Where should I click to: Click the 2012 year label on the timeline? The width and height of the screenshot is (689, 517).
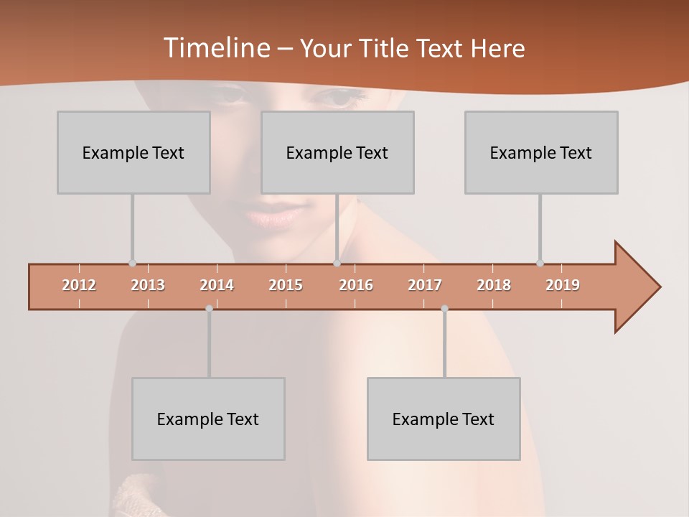point(79,285)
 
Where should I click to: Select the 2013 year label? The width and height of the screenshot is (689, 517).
point(148,285)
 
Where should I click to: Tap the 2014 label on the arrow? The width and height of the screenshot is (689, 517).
point(217,285)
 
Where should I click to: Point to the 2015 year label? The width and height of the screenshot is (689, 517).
point(286,285)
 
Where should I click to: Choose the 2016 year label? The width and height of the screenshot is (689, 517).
point(356,285)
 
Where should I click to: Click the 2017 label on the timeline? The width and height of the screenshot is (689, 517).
point(425,285)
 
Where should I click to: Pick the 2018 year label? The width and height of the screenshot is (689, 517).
point(494,285)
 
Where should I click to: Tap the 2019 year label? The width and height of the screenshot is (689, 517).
point(563,285)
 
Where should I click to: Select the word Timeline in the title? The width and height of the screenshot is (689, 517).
point(215,48)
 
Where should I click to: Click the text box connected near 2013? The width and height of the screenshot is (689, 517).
point(133,152)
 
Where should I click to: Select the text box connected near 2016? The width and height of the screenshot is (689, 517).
point(337,152)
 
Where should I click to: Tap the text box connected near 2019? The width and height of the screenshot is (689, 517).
point(541,152)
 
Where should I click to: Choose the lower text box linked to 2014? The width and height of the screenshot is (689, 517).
point(208,419)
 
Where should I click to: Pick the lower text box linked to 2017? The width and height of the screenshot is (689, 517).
point(444,419)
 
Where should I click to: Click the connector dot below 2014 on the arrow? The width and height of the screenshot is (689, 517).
point(209,309)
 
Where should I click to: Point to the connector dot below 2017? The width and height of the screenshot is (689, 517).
point(444,309)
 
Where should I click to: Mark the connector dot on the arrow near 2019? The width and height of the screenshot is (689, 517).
point(540,263)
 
